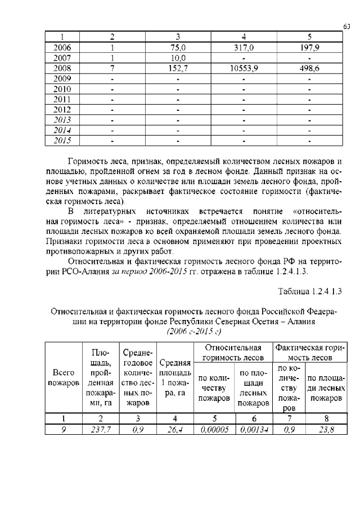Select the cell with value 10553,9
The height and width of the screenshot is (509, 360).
244,68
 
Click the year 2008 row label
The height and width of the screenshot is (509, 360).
61,68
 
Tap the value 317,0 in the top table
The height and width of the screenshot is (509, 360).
244,48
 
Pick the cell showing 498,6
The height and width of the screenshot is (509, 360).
309,68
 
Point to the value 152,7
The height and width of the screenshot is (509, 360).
178,68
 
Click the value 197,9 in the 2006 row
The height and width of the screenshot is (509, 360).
309,48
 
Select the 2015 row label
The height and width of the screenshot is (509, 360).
61,139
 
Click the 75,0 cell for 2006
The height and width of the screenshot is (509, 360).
178,48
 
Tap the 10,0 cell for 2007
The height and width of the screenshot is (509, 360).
178,58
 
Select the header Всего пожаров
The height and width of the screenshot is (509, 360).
64,377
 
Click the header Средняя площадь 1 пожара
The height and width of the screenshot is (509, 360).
175,377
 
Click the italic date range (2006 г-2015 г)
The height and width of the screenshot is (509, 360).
194,331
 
